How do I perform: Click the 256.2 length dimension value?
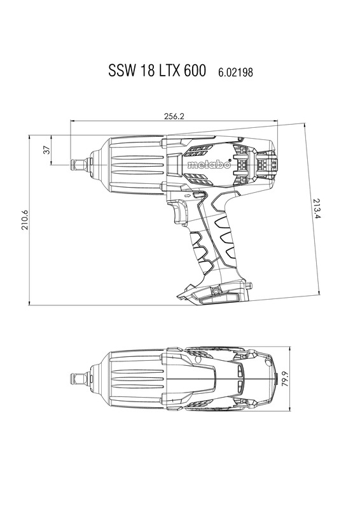pyautogui.click(x=174, y=116)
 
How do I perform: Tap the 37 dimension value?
pyautogui.click(x=46, y=150)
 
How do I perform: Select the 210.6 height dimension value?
pyautogui.click(x=25, y=220)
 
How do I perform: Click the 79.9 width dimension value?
pyautogui.click(x=285, y=379)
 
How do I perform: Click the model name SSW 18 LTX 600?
pyautogui.click(x=157, y=70)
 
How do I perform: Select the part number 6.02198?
pyautogui.click(x=235, y=72)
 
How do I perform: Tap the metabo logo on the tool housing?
pyautogui.click(x=209, y=165)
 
